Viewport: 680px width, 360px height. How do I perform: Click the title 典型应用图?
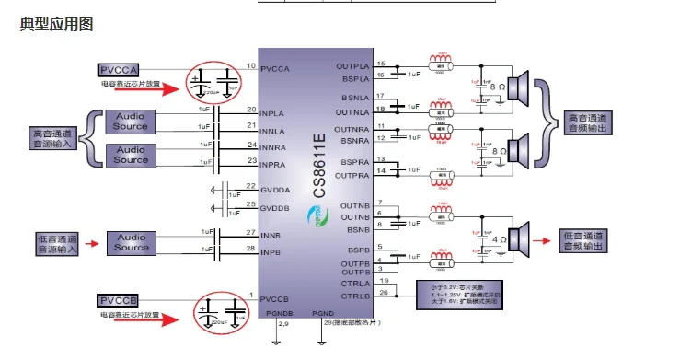point(56,25)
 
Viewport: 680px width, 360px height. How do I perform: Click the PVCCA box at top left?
point(119,70)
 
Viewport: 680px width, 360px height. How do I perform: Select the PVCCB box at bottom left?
point(119,301)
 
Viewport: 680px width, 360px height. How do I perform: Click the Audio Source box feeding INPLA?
point(131,121)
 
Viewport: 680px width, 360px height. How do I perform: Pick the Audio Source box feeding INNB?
point(131,242)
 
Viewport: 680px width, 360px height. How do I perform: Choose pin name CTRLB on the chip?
point(355,295)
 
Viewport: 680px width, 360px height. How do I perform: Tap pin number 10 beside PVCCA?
point(250,66)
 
